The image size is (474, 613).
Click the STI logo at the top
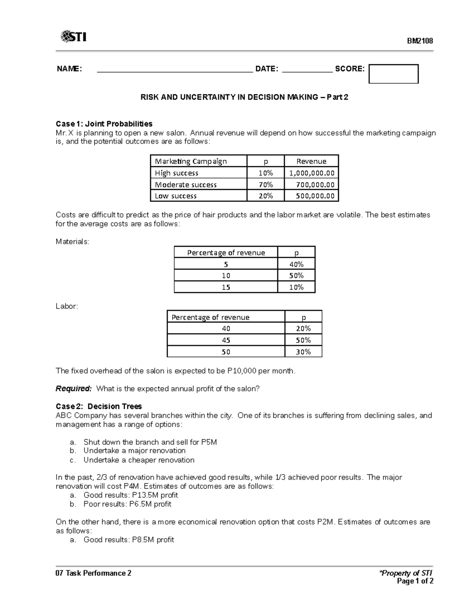(x=73, y=37)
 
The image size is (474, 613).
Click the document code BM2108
(x=420, y=41)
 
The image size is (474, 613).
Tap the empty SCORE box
(x=393, y=74)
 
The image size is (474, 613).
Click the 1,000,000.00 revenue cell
(x=312, y=173)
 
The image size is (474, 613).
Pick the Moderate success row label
(x=186, y=185)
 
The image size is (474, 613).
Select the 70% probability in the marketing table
(x=265, y=185)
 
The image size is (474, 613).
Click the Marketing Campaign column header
(x=191, y=161)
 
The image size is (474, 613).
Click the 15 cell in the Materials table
(x=226, y=287)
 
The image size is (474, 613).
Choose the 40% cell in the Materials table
(x=296, y=264)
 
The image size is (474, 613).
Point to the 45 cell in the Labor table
(x=226, y=340)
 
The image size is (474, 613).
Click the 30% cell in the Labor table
(x=303, y=352)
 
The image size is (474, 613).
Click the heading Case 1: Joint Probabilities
(x=104, y=124)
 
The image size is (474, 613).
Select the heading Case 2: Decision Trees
(x=99, y=407)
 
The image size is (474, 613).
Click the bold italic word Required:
(x=73, y=389)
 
